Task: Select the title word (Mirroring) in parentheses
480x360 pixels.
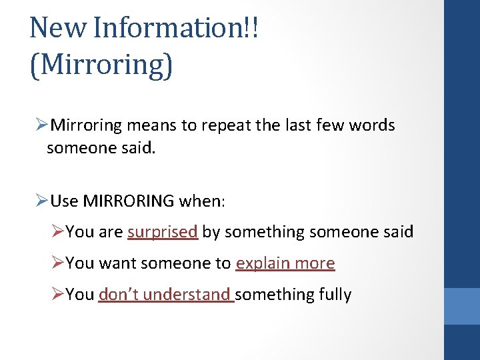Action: click(101, 65)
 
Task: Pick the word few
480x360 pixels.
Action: click(324, 125)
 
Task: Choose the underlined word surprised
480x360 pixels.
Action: click(163, 232)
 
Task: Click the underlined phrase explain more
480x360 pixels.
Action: click(285, 263)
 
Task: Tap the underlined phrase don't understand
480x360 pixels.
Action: click(165, 295)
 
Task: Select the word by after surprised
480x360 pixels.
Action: click(211, 232)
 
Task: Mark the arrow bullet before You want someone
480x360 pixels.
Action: click(58, 263)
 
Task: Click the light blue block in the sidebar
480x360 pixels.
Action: click(462, 306)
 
